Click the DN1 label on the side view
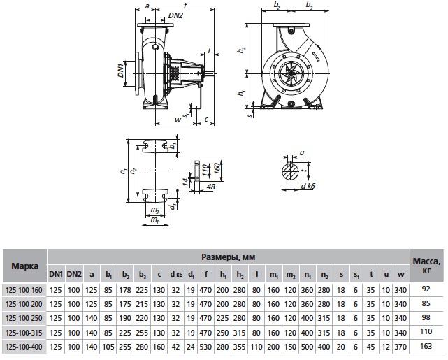[121, 70]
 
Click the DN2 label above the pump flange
[157, 15]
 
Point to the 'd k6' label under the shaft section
[308, 187]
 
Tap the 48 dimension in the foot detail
[210, 186]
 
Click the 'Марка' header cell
[24, 266]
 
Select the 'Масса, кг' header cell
[427, 266]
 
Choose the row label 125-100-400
[24, 346]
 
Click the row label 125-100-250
[24, 317]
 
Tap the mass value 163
[427, 346]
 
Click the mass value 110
[427, 331]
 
